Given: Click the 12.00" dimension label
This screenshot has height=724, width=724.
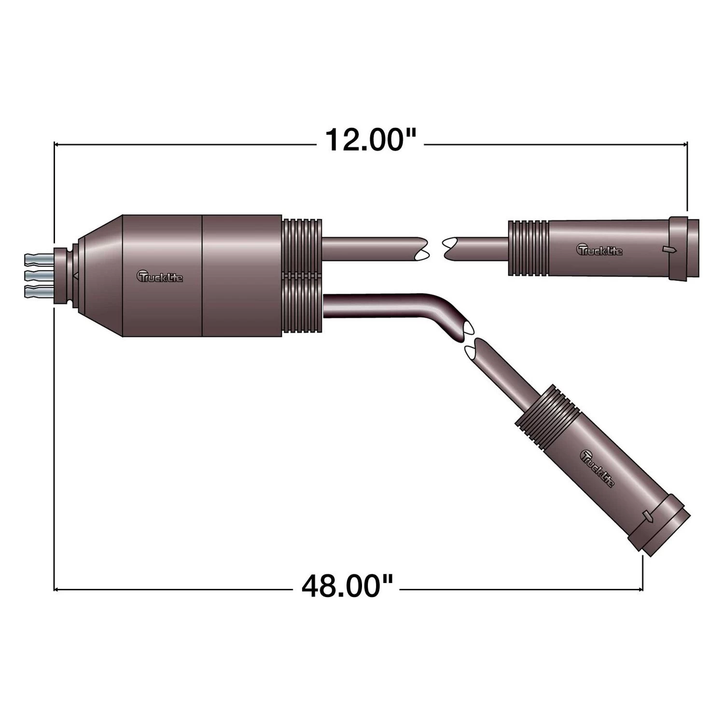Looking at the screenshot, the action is point(370,140).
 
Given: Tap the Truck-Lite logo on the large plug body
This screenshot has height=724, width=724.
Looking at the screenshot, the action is point(160,276).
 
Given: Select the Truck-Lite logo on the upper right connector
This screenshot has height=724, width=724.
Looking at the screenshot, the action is point(600,250).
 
